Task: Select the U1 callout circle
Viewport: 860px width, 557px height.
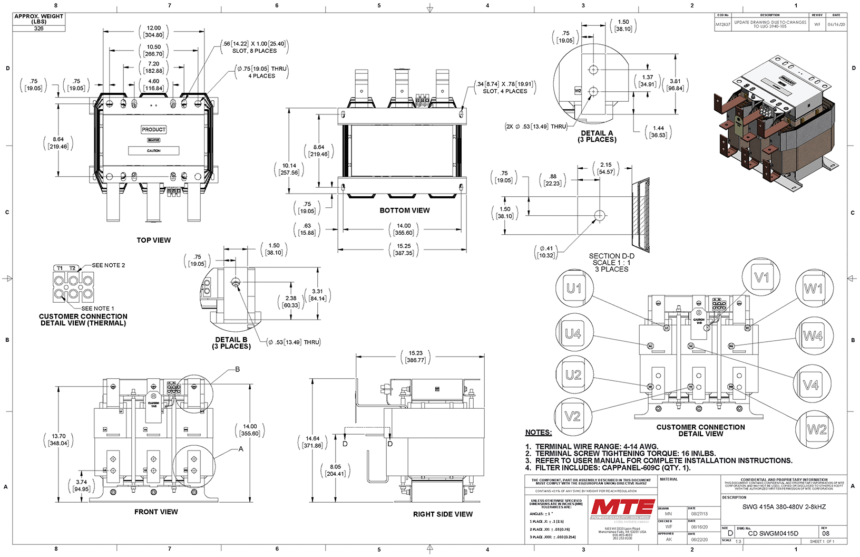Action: click(574, 289)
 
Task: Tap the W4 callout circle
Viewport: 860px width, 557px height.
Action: click(813, 336)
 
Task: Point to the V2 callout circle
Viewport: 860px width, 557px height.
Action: click(572, 417)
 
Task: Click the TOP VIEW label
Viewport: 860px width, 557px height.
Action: click(154, 240)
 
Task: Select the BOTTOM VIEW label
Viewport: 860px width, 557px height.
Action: click(405, 210)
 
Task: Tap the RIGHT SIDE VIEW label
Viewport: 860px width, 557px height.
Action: click(443, 514)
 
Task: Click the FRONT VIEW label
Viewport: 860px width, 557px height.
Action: click(156, 512)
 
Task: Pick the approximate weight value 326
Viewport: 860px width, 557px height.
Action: click(39, 28)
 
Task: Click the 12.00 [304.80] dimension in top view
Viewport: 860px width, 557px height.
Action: click(154, 32)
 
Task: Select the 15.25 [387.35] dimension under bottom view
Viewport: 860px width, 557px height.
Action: click(404, 249)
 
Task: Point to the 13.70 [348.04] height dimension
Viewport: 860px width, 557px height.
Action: click(58, 440)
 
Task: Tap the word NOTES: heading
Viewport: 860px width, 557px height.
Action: click(539, 433)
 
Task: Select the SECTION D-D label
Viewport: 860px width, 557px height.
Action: click(611, 256)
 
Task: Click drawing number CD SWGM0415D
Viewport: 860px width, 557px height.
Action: click(773, 533)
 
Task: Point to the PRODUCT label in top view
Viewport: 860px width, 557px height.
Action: click(153, 130)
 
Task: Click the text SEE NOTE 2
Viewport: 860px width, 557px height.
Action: click(109, 265)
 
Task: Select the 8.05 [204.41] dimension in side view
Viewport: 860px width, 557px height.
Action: click(335, 470)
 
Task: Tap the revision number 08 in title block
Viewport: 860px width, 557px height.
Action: click(826, 533)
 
